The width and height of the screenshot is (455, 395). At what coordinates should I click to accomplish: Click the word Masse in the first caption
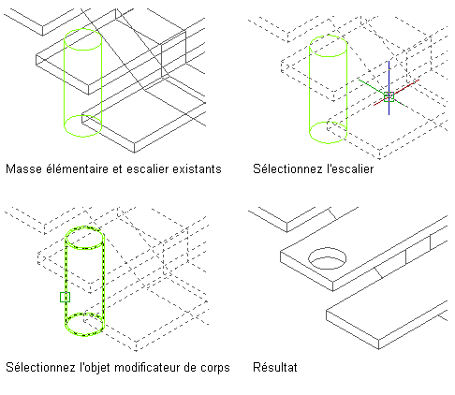point(24,169)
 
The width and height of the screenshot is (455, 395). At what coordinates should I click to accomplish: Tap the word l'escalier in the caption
point(350,168)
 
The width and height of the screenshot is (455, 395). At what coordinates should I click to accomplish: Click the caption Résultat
point(275,367)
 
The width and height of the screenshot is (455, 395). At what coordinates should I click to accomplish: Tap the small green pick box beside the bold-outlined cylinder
point(65,297)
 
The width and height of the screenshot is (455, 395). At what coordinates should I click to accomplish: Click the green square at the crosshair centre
point(389,96)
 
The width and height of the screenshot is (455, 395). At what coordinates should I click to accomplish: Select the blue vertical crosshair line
point(389,88)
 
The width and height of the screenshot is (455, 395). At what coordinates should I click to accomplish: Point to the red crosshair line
point(396,93)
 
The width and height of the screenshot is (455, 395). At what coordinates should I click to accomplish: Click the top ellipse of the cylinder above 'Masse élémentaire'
point(82,29)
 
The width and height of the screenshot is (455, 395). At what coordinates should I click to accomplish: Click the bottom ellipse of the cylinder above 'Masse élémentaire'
point(82,137)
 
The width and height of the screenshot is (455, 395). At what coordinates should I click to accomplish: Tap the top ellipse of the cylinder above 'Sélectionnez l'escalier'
point(328,36)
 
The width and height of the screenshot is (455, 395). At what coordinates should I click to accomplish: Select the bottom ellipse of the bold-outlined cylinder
point(84,335)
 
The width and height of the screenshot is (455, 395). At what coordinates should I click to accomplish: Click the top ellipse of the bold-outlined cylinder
point(84,227)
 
